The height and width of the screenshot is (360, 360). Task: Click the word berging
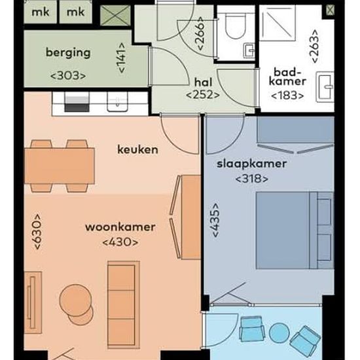click(68, 54)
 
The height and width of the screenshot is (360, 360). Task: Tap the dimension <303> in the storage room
click(68, 75)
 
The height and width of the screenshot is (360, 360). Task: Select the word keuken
click(137, 149)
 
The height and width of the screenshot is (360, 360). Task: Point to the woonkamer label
click(120, 227)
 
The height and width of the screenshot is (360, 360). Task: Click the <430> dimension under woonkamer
click(120, 242)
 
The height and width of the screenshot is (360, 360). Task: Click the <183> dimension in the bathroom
click(288, 96)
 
